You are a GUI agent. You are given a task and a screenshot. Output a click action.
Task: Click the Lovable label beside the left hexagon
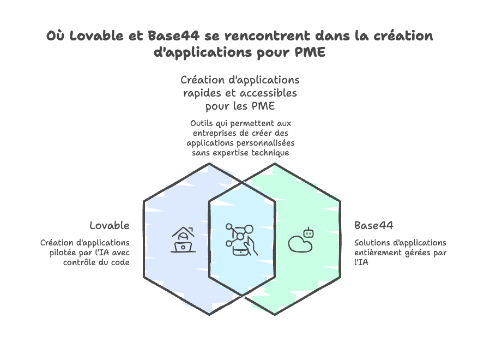110,225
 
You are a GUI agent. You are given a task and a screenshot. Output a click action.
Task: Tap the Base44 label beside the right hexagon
374,225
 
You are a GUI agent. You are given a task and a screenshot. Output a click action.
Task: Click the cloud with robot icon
301,240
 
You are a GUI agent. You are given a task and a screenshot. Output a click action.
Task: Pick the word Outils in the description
202,123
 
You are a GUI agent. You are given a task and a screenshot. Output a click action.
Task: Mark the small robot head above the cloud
310,232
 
